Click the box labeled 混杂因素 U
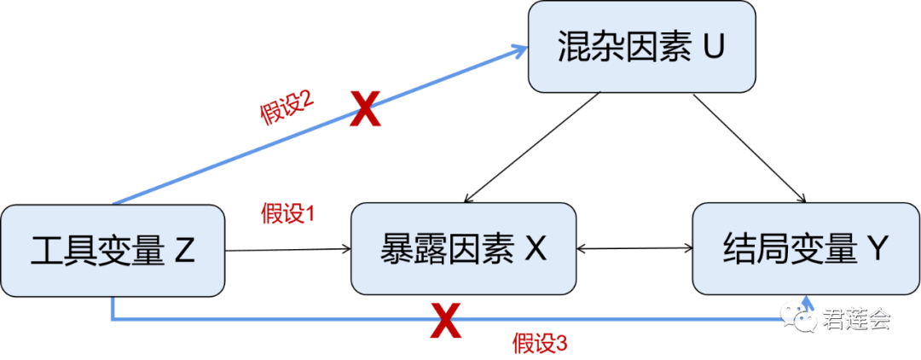641,47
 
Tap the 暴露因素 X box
463,249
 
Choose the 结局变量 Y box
805,249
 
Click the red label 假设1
287,213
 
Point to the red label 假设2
287,109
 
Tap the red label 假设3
539,343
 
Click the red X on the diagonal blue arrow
364,110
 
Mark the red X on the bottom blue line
444,320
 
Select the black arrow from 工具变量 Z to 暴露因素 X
288,250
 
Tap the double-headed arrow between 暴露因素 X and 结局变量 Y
634,249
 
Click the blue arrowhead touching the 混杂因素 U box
518,52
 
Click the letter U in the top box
712,46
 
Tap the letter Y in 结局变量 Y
878,249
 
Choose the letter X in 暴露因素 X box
535,249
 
